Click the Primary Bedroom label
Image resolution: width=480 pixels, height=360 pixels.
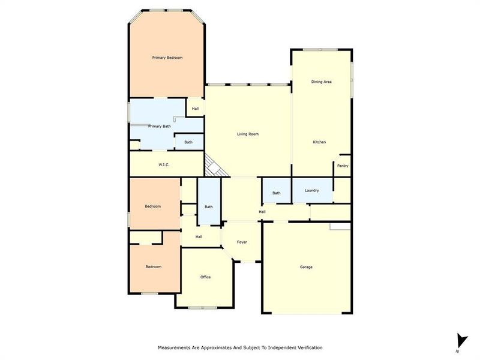(x=167, y=58)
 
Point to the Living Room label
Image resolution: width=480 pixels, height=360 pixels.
(x=248, y=134)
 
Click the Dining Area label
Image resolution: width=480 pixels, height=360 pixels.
(x=321, y=82)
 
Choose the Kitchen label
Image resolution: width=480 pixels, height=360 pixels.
(x=319, y=142)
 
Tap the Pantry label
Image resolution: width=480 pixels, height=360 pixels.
(x=343, y=166)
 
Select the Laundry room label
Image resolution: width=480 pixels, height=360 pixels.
(x=311, y=191)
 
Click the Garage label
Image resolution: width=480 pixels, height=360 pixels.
(x=306, y=267)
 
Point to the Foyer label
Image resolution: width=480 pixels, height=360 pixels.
(x=242, y=242)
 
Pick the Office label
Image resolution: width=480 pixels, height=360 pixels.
(x=205, y=277)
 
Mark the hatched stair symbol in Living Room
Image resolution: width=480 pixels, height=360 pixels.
(x=214, y=166)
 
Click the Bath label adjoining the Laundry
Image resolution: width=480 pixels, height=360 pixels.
(x=277, y=193)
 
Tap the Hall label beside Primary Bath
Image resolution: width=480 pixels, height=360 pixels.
(x=195, y=109)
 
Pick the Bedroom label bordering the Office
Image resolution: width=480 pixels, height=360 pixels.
(x=153, y=266)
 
